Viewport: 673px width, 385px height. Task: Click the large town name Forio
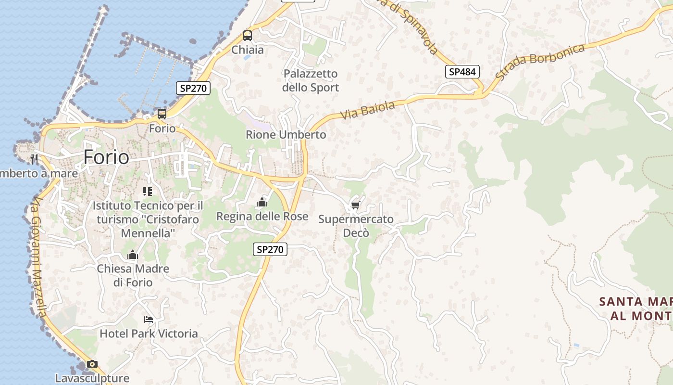(x=106, y=157)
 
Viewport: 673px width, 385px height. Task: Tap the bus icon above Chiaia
(x=248, y=35)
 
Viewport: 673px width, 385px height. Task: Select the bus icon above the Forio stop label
(x=162, y=114)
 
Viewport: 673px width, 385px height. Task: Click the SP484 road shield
(x=462, y=72)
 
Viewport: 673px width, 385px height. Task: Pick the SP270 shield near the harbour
(x=193, y=88)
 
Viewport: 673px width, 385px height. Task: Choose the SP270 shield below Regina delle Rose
(x=270, y=249)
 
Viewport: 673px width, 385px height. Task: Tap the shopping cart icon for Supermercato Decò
(x=356, y=205)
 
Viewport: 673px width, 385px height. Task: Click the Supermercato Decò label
(x=356, y=226)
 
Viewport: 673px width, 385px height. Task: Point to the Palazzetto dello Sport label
(x=311, y=80)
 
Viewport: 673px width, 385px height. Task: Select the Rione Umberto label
(x=286, y=135)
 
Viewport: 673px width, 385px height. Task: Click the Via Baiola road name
(x=367, y=110)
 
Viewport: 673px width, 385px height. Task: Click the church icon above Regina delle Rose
(x=262, y=202)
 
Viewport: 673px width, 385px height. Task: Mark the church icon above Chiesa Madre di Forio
(x=133, y=255)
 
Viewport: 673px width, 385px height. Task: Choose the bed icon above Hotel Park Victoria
(x=149, y=320)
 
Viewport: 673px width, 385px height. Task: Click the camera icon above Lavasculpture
(x=92, y=364)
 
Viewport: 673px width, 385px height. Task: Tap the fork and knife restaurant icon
(x=34, y=159)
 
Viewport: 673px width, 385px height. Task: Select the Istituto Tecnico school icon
(x=148, y=192)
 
